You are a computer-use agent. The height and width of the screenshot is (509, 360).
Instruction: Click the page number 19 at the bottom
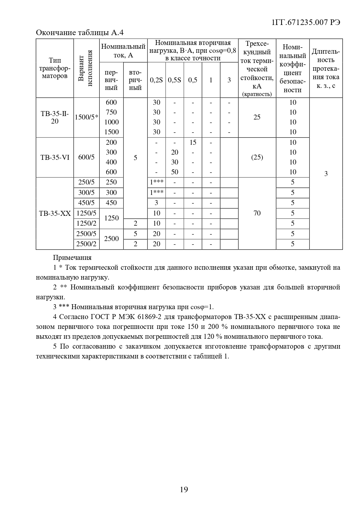coord(184,490)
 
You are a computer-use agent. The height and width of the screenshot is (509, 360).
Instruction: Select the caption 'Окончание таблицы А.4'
coord(80,32)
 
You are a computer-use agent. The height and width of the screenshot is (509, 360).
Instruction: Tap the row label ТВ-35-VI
coord(55,157)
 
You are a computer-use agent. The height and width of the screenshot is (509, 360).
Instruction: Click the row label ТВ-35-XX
coord(55,213)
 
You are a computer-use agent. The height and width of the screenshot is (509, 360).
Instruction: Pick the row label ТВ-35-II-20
coord(55,117)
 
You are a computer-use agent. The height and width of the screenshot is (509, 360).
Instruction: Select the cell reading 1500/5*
coord(86,117)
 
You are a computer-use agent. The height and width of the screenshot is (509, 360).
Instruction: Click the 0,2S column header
coord(156,80)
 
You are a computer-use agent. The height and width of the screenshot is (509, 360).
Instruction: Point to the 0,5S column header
coord(174,80)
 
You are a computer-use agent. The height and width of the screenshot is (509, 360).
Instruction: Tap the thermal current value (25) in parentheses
coord(257,157)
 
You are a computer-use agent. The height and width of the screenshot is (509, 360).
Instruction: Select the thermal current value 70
coord(257,213)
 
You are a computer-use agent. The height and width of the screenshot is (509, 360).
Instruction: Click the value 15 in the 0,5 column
coord(193,142)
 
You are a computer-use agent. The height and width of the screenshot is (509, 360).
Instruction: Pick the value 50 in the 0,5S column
coord(175,172)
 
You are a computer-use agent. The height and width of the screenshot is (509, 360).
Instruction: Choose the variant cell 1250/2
coord(86,224)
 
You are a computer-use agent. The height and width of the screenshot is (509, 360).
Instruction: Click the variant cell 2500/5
coord(86,234)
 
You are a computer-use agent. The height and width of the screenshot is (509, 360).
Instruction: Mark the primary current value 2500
coord(111,239)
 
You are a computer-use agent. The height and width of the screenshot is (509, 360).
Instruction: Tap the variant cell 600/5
coord(86,157)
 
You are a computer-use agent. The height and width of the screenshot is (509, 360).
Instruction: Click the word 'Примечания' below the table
coord(72,258)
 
